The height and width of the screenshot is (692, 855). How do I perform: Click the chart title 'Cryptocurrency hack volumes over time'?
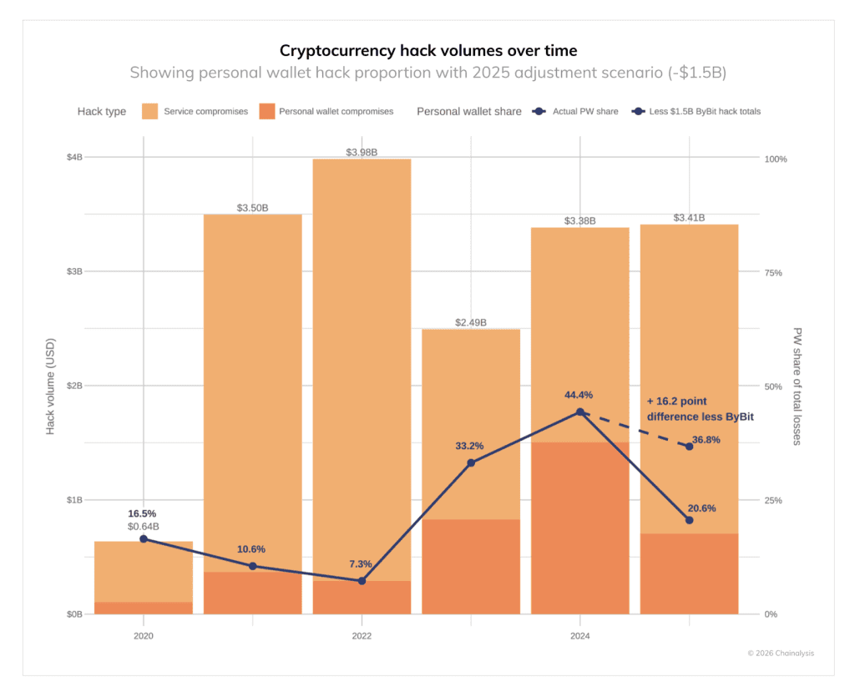coord(427,50)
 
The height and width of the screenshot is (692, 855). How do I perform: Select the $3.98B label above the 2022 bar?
coord(362,152)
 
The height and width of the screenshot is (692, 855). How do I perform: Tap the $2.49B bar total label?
coord(471,322)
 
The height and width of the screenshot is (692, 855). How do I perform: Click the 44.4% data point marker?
coord(580,412)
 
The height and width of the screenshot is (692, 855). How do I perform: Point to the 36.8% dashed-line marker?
coord(689,447)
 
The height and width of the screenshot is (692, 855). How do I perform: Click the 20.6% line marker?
coord(689,520)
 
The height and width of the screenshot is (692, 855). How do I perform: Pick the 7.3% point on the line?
coord(362,580)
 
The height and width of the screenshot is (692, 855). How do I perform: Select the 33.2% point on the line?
coord(471,462)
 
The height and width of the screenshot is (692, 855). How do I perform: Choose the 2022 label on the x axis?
coord(362,636)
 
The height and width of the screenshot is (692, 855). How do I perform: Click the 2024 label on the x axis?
coord(580,636)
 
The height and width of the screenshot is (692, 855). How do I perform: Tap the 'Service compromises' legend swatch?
coord(150,111)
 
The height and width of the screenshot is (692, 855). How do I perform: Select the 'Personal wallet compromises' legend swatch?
coord(267,111)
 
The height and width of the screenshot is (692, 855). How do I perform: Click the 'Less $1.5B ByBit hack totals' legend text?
coord(706,112)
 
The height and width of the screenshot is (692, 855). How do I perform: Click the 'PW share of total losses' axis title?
coord(797,386)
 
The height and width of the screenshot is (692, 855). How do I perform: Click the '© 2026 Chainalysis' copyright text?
coord(780,653)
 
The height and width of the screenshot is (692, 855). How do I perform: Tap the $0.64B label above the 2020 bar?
coord(144,527)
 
